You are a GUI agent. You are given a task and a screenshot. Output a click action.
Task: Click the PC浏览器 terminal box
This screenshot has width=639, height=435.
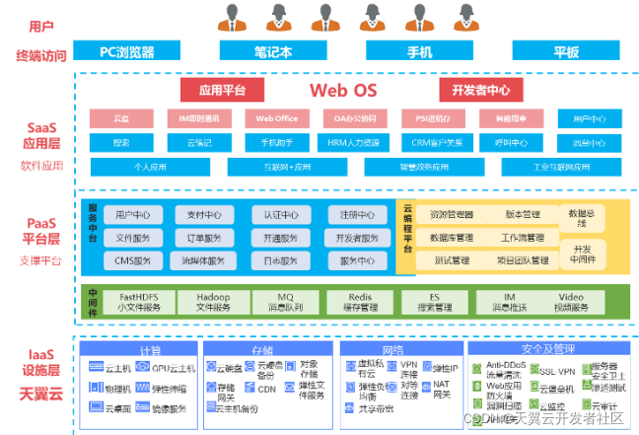pyautogui.click(x=126, y=51)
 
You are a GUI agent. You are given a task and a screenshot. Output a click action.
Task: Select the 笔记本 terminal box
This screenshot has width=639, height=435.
pyautogui.click(x=272, y=51)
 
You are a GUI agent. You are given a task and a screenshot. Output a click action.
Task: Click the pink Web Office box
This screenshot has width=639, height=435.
pyautogui.click(x=277, y=119)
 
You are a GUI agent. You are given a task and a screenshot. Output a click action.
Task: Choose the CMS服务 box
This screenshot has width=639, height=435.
pyautogui.click(x=132, y=261)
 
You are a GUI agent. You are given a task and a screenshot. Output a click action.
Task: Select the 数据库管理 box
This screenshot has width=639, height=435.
pyautogui.click(x=452, y=238)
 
